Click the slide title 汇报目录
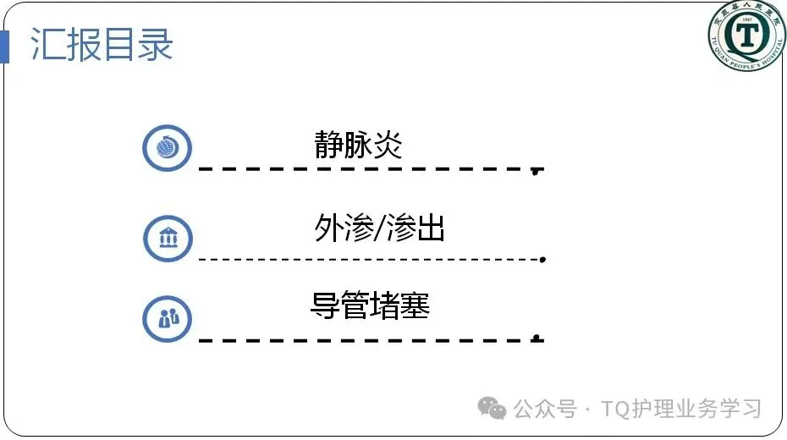coord(102,45)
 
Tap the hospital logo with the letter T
coord(746,36)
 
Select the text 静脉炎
coord(358,145)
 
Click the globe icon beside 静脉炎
coord(168,149)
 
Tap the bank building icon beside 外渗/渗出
coord(168,236)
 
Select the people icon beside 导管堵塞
coord(168,319)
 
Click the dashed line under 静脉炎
coord(364,169)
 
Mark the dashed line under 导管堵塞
coord(364,339)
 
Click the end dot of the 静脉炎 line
coord(536,172)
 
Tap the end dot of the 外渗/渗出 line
coord(542,259)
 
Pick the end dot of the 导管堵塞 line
coord(536,338)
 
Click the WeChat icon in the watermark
coord(493,408)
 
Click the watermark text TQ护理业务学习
coord(682,409)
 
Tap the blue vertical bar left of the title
coord(4,46)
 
